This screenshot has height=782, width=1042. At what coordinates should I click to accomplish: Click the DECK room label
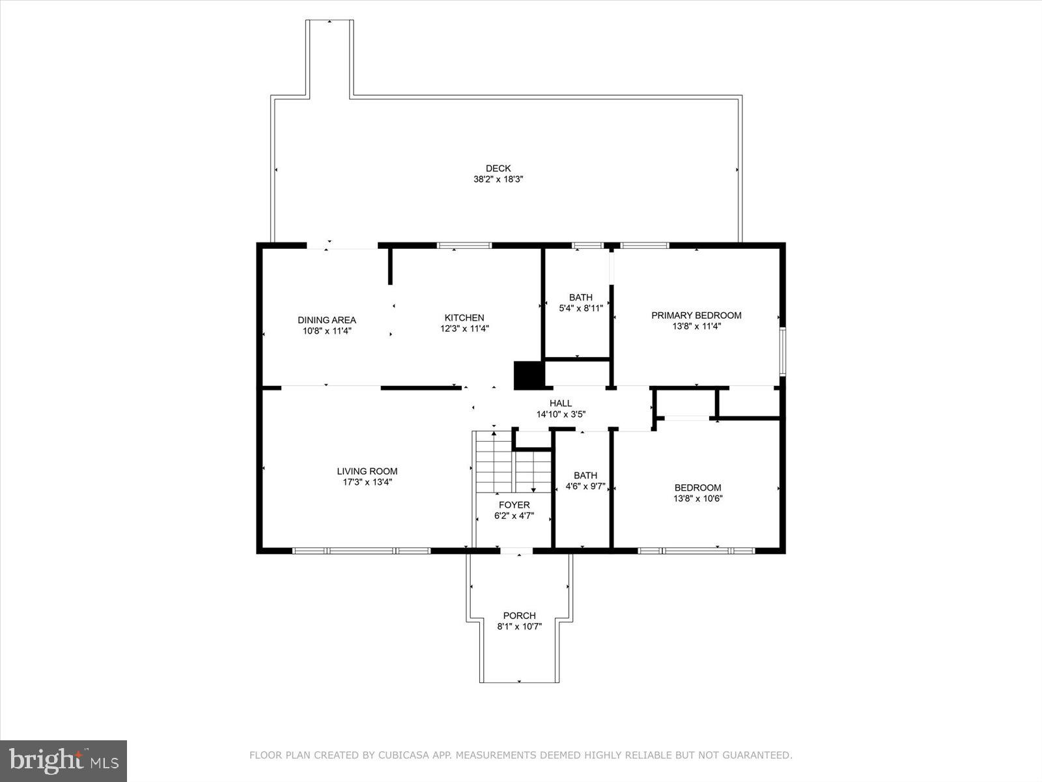pyautogui.click(x=498, y=168)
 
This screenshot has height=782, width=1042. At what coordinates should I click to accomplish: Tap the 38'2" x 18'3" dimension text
pyautogui.click(x=498, y=179)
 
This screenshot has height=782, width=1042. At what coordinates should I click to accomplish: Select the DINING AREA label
pyautogui.click(x=327, y=320)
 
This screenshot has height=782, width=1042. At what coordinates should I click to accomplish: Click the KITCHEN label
pyautogui.click(x=464, y=318)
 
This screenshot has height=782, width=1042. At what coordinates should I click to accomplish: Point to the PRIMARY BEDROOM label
pyautogui.click(x=696, y=315)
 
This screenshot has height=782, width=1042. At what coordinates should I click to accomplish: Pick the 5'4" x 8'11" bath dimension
pyautogui.click(x=580, y=308)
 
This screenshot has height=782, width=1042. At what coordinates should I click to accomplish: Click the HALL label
pyautogui.click(x=561, y=403)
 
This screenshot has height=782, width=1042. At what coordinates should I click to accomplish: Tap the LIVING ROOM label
pyautogui.click(x=367, y=471)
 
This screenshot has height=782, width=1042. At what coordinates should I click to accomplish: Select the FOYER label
pyautogui.click(x=514, y=505)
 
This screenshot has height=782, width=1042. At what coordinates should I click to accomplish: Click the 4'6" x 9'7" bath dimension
pyautogui.click(x=585, y=486)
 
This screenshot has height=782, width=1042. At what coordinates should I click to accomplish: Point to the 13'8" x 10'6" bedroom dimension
pyautogui.click(x=697, y=499)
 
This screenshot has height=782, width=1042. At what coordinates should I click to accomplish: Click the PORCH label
pyautogui.click(x=520, y=616)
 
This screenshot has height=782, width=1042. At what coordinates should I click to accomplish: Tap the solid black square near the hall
pyautogui.click(x=528, y=375)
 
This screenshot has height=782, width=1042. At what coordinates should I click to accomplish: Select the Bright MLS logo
pyautogui.click(x=63, y=760)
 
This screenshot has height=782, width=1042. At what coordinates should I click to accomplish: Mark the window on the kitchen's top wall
pyautogui.click(x=464, y=246)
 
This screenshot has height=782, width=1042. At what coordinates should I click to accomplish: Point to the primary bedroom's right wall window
pyautogui.click(x=783, y=352)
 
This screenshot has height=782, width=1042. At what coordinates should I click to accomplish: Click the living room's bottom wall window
pyautogui.click(x=361, y=551)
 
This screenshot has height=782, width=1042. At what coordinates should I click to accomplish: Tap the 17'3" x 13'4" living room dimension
pyautogui.click(x=367, y=483)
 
